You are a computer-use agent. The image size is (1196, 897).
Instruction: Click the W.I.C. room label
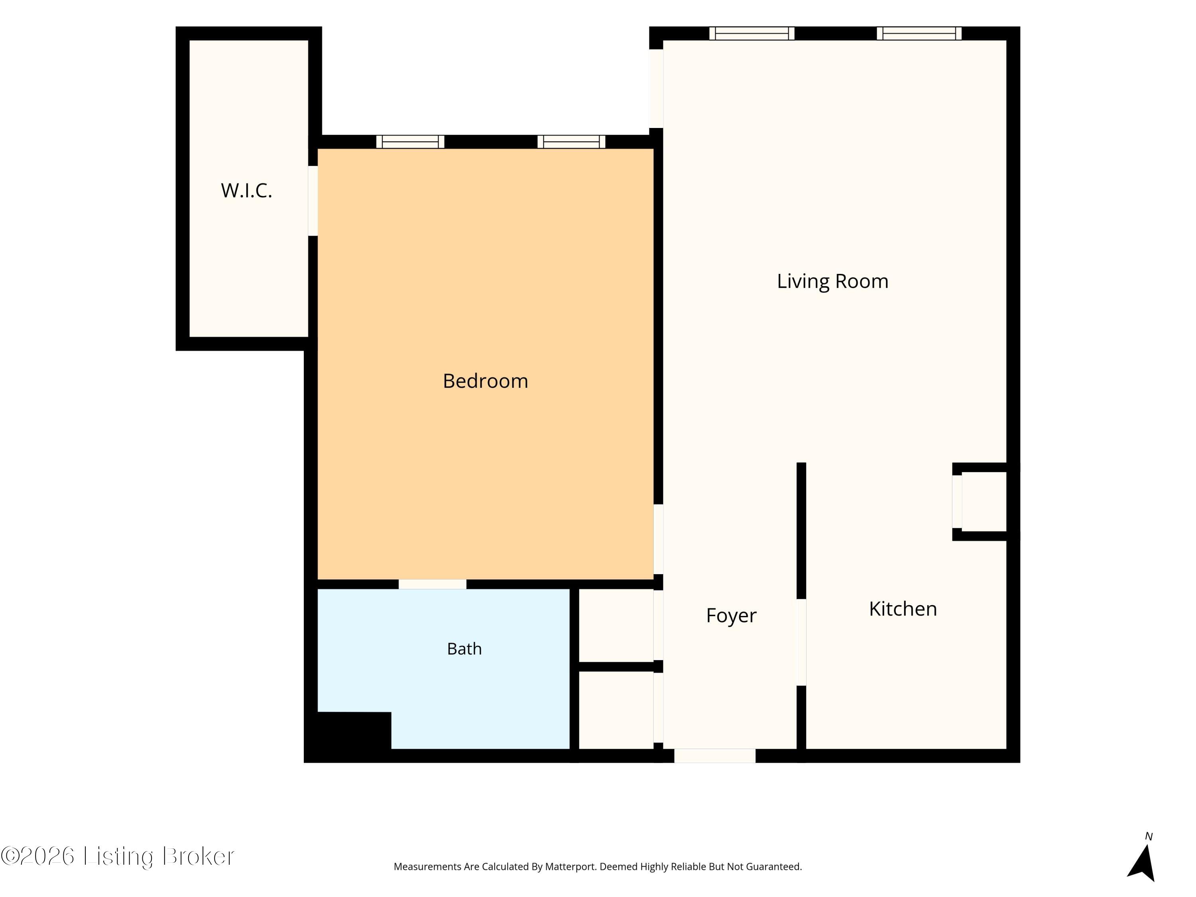pos(246,190)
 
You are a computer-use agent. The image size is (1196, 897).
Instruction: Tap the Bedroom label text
pos(485,381)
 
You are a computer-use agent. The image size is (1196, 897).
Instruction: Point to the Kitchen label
pos(903,609)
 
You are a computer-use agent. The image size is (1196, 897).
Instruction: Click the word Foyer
pos(731,615)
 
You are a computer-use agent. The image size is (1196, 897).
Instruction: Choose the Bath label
pos(464,648)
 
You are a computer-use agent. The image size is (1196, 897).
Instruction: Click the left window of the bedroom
pos(410,142)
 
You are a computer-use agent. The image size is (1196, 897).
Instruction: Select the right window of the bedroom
pos(572,142)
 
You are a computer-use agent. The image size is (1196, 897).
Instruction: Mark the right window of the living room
pos(919,33)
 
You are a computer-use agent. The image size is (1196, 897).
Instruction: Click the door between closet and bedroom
pos(313,201)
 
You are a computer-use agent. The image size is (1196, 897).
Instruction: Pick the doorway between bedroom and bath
pos(433,584)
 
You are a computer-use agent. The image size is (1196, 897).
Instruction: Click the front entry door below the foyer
pos(715,755)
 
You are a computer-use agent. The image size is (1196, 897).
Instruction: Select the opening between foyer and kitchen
pos(801,642)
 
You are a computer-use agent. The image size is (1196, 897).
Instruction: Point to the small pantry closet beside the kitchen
pos(984,502)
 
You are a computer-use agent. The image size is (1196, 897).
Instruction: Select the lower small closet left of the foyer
pos(616,710)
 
